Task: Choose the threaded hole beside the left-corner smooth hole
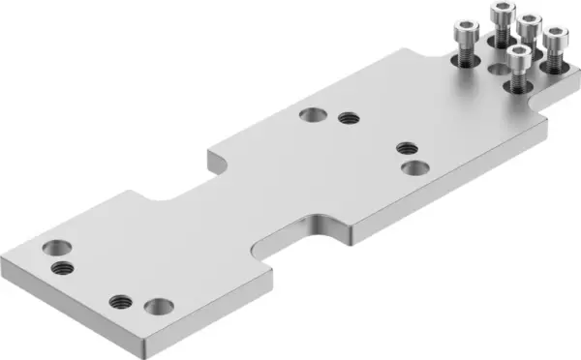[62, 266]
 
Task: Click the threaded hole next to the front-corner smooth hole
[121, 300]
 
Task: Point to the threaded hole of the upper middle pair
[349, 119]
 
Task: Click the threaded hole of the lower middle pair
[407, 148]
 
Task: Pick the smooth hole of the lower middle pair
[414, 167]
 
